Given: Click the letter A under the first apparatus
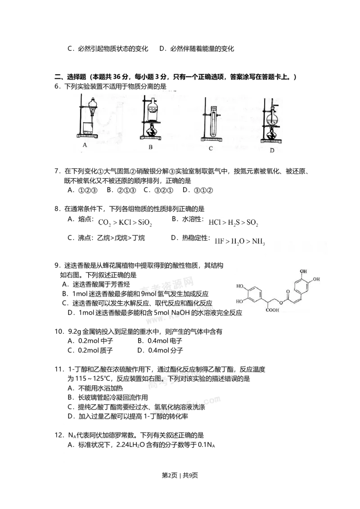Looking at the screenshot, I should (85, 145).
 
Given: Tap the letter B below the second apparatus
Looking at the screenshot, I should (151, 147).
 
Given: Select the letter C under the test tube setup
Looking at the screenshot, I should (211, 148).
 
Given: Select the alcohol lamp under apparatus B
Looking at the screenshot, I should (152, 131).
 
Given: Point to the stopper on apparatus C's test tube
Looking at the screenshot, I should (214, 108).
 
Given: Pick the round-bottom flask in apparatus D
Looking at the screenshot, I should (272, 120).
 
